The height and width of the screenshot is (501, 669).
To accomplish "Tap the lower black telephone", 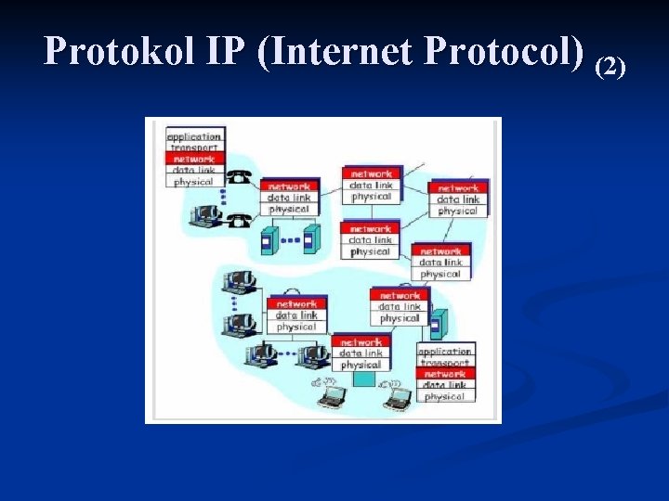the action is (239, 219).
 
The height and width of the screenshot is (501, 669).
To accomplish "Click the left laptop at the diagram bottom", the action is (331, 397).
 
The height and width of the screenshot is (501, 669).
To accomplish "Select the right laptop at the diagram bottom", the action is (398, 398).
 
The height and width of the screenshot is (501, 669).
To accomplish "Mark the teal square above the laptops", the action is (364, 379).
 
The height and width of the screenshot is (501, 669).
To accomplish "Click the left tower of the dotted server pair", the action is (269, 239).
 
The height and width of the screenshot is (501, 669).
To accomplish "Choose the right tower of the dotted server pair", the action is (311, 239).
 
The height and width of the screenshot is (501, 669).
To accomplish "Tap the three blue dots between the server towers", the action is (290, 240).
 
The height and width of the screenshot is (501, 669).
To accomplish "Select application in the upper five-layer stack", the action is (195, 136).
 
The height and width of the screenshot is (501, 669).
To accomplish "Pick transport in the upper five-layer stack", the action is (195, 148).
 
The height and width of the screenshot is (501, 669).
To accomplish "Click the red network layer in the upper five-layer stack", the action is (195, 159).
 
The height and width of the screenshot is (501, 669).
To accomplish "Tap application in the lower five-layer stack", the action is (445, 352).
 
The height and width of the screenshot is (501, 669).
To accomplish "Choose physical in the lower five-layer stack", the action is (445, 396).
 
